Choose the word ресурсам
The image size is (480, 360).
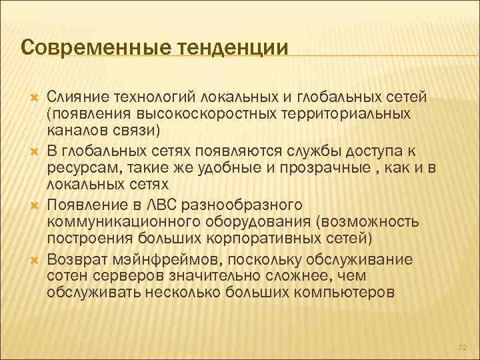(x=78, y=167)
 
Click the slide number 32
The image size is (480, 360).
(x=461, y=346)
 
